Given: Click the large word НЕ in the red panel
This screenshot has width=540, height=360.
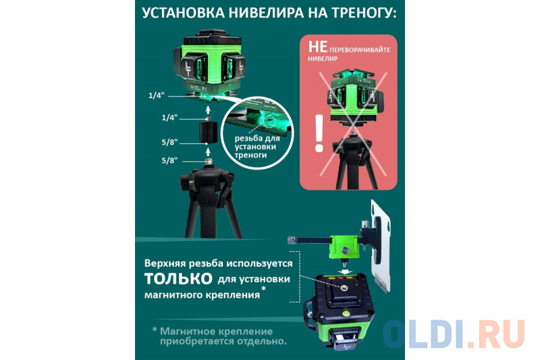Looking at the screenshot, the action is click(x=317, y=47).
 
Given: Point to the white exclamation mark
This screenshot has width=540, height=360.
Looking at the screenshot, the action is click(x=319, y=133).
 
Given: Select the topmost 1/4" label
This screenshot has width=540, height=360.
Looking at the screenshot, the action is click(x=156, y=95).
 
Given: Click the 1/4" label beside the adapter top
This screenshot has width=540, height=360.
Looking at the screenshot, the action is click(x=169, y=118).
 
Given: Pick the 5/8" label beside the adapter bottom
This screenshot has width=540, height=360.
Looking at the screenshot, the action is click(x=169, y=142).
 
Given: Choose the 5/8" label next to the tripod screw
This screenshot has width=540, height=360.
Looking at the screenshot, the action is click(x=169, y=160).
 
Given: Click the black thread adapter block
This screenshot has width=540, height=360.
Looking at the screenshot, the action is click(x=208, y=131).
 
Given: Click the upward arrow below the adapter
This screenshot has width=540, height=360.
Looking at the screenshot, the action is click(x=208, y=151).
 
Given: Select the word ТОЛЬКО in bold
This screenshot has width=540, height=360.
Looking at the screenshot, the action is click(x=178, y=278).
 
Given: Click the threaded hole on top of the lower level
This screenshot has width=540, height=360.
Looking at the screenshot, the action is click(x=344, y=288).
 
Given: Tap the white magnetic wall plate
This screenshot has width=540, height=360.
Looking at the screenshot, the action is click(x=381, y=247).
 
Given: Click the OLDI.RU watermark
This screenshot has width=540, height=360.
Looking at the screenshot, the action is click(x=454, y=334).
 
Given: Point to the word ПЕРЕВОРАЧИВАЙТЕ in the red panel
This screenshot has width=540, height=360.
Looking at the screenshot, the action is click(x=360, y=49).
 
